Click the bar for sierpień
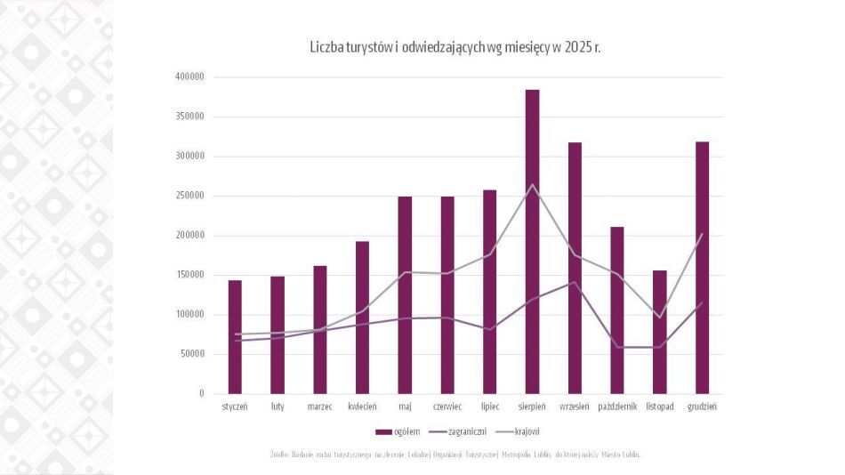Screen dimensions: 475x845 532,241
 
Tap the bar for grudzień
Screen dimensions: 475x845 703,267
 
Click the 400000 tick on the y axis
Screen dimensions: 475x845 189,76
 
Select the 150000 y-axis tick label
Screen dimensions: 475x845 189,275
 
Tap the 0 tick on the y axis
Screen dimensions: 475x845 201,393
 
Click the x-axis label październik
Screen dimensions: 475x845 617,407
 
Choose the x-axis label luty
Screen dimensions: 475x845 278,407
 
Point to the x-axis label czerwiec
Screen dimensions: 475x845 447,407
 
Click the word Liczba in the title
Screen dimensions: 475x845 326,46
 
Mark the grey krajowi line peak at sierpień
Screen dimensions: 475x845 532,185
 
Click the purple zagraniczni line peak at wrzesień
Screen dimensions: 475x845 575,282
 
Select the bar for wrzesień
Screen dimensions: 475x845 575,268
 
